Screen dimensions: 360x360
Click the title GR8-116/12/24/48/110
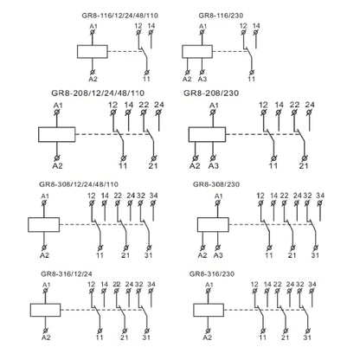[120, 16]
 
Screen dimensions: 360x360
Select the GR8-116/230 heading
[221, 16]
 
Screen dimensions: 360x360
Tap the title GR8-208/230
[211, 93]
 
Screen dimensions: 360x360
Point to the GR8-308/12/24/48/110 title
[79, 184]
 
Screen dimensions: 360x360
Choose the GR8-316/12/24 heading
[67, 273]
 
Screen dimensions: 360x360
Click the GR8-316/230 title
[212, 273]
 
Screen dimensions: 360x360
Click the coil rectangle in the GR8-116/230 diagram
[197, 52]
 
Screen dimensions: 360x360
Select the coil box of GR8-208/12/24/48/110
[57, 134]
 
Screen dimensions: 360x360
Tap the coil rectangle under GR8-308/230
[213, 225]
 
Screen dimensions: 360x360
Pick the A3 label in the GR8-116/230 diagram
[202, 79]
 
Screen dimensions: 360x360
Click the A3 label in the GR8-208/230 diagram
[214, 166]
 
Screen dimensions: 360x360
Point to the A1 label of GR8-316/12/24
[46, 285]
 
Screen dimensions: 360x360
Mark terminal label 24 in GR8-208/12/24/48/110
[159, 105]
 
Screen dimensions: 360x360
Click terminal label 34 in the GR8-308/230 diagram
[320, 196]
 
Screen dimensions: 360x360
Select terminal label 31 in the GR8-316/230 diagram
[307, 337]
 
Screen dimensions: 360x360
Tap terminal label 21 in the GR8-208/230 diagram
[304, 166]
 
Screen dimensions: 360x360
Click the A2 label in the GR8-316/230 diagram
[208, 337]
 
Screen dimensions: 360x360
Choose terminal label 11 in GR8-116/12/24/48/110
[146, 79]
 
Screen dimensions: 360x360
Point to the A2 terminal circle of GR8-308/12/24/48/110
[44, 247]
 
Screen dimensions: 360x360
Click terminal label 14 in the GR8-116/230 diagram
[256, 26]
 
